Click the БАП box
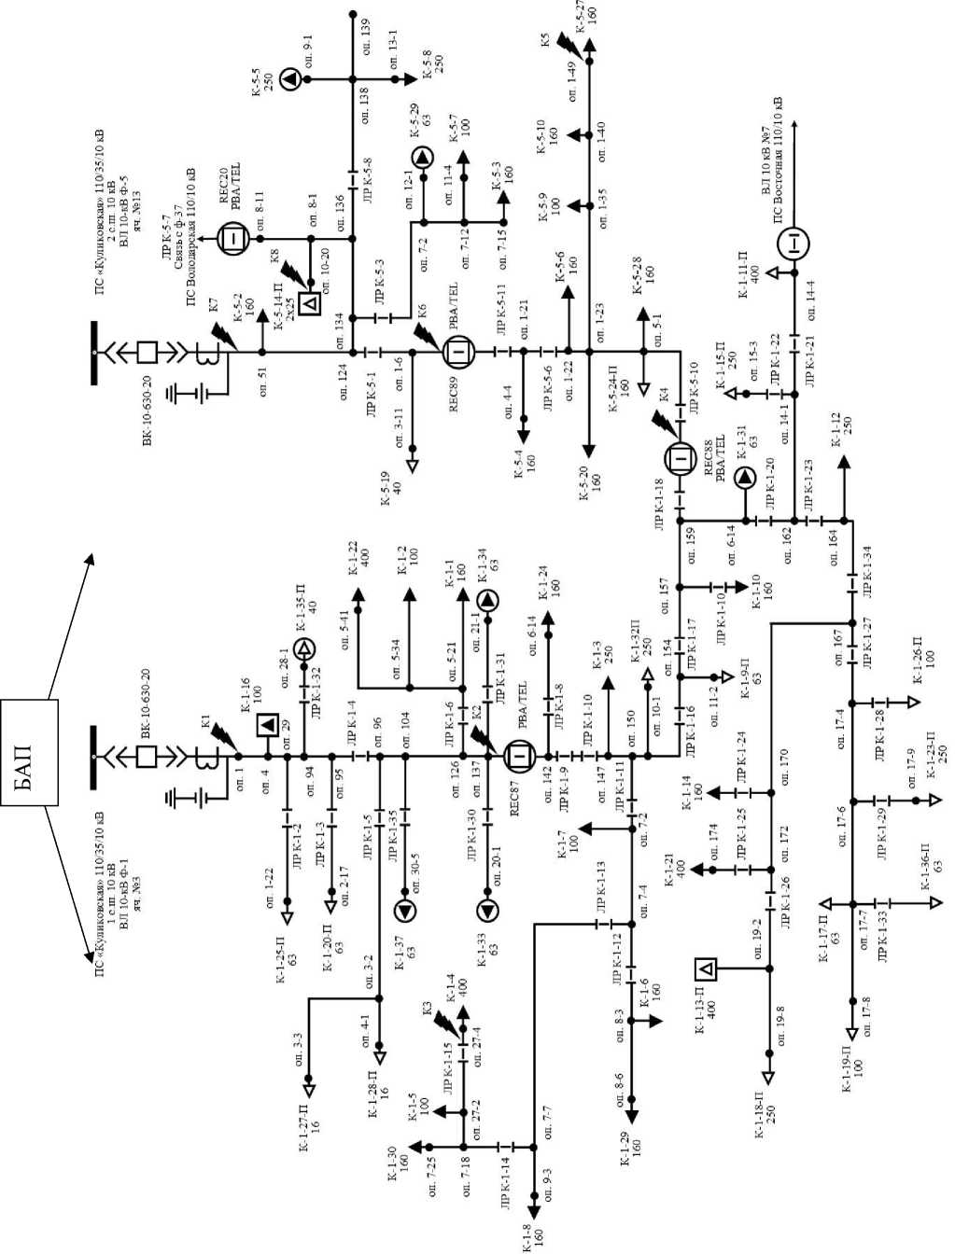(29, 752)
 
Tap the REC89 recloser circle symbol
(459, 352)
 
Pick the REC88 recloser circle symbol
(680, 458)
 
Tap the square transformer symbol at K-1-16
(266, 724)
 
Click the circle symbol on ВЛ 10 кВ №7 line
(793, 244)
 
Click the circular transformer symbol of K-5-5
(290, 79)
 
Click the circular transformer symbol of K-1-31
(745, 478)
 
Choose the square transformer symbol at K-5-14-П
(313, 301)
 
